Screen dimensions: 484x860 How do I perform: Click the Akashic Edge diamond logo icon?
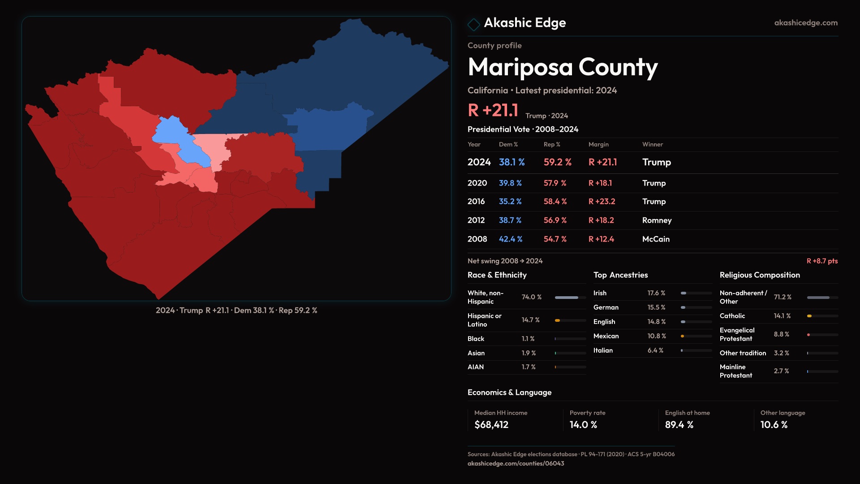(473, 24)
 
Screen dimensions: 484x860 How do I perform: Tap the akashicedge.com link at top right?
(805, 23)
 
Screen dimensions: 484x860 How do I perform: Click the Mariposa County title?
(563, 67)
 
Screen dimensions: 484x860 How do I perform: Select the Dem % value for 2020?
(510, 183)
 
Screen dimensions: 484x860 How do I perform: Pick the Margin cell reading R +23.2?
(602, 202)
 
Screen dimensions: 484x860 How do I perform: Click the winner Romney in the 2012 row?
(657, 220)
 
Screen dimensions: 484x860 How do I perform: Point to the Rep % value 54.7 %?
(555, 239)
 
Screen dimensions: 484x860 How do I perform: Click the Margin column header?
(598, 144)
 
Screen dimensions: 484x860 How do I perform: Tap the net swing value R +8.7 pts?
(822, 261)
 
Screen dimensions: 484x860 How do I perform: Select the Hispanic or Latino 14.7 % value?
(530, 320)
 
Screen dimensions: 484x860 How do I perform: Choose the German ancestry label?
(606, 307)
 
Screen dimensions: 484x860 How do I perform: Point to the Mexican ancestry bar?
(696, 336)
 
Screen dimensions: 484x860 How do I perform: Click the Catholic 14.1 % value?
(782, 316)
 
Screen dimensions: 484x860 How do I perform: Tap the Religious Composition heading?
(760, 275)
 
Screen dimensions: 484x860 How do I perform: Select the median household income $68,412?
(491, 425)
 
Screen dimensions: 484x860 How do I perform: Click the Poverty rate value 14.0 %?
(583, 425)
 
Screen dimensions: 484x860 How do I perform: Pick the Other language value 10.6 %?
(774, 425)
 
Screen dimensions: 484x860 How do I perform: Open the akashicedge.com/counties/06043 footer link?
(516, 463)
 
